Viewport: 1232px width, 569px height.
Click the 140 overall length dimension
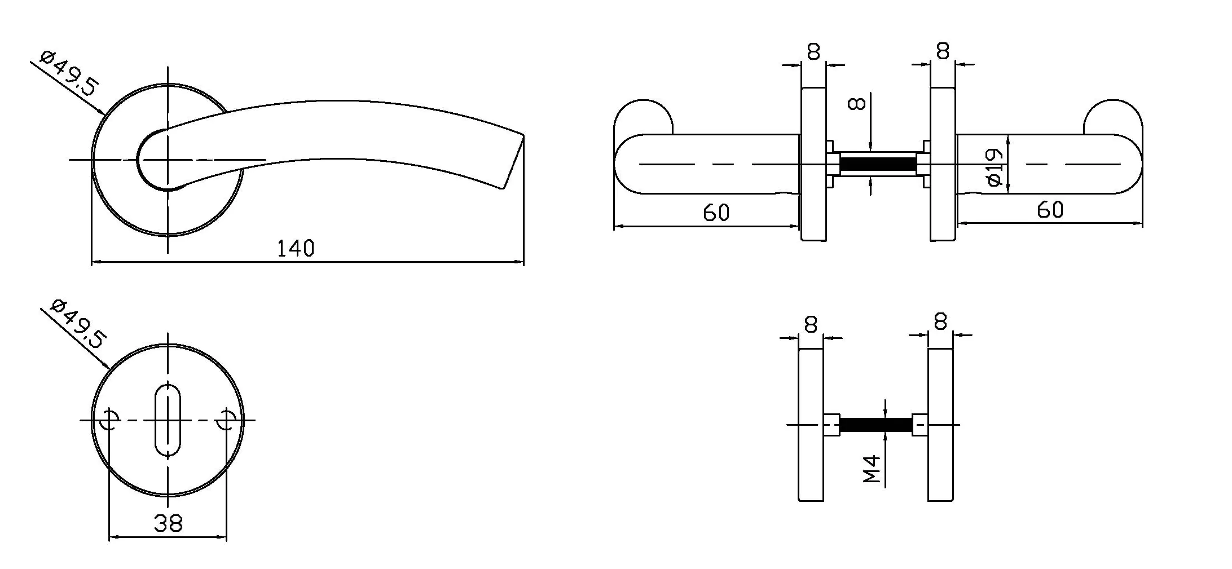(x=295, y=248)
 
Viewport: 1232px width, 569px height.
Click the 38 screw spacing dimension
(x=168, y=523)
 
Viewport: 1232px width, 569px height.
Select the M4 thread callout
(x=872, y=470)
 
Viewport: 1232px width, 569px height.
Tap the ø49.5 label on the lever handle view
(x=70, y=74)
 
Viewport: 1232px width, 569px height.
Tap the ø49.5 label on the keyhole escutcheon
(x=78, y=324)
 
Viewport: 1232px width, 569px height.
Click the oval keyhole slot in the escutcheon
(x=168, y=420)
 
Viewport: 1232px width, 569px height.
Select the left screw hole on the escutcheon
(x=109, y=420)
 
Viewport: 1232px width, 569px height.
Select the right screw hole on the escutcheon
(x=227, y=420)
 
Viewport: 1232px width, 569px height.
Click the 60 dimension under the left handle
(x=716, y=213)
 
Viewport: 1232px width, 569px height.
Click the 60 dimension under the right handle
(x=1050, y=210)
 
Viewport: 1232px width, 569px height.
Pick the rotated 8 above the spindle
(x=857, y=104)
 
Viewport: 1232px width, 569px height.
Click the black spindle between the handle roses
(x=878, y=165)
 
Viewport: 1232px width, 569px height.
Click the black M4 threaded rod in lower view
(x=875, y=425)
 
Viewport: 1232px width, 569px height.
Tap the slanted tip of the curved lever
(x=513, y=164)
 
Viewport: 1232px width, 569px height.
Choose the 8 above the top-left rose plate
(x=813, y=52)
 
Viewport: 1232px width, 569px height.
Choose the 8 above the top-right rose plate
(x=943, y=51)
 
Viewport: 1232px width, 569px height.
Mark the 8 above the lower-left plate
(x=811, y=325)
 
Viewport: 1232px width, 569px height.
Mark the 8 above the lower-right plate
(x=940, y=323)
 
